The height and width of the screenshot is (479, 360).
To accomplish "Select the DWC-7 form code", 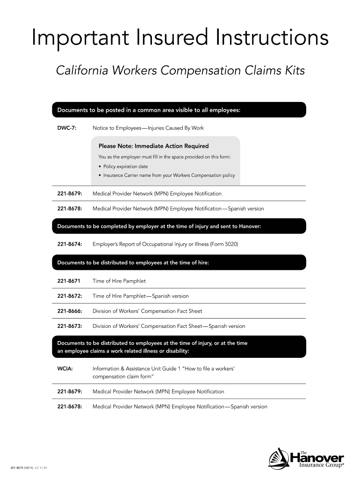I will click(67, 128).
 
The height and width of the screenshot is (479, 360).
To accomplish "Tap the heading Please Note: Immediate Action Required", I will click(153, 146).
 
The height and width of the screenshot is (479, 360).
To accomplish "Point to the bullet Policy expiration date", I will click(125, 167).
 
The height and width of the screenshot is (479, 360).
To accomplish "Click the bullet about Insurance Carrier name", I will click(169, 175).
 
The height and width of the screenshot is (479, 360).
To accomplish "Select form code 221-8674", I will click(70, 244).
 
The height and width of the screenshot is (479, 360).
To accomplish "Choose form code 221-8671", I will click(69, 281).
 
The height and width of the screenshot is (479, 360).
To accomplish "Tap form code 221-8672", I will click(70, 296).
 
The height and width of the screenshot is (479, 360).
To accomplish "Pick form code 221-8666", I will click(70, 311).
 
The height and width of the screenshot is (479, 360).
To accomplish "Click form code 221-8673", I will click(70, 326).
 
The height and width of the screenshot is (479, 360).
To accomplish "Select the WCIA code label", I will click(65, 369).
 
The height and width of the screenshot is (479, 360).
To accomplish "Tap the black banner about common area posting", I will click(178, 110).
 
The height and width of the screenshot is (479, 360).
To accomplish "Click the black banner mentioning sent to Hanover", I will click(178, 226).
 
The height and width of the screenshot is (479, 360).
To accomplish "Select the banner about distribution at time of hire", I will click(178, 262).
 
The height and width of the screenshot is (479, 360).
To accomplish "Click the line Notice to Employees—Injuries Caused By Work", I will click(148, 128).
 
